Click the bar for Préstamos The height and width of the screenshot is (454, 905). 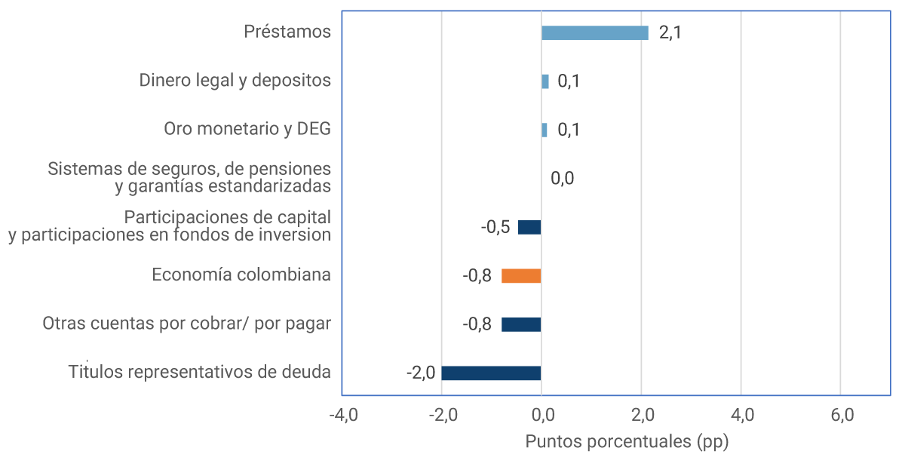pos(594,32)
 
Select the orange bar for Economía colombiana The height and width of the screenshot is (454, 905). pos(521,276)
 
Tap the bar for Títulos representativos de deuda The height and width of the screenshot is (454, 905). pos(491,373)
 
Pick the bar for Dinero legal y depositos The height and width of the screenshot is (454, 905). pos(545,81)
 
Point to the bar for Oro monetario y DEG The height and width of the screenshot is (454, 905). pos(545,130)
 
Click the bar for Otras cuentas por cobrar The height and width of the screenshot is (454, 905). pos(521,324)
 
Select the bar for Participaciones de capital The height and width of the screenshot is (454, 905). pos(529,227)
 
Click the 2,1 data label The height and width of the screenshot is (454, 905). pos(670,33)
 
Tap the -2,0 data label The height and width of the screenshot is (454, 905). pos(421,373)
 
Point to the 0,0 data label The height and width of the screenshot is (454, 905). pos(562,179)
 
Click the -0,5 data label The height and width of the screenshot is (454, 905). pos(495,227)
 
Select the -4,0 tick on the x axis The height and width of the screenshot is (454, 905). pos(342,415)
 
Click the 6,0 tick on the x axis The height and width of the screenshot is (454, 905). pos(842,415)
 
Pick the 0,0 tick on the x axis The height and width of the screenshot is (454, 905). pos(541,415)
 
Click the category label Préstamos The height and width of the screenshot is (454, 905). pos(287,32)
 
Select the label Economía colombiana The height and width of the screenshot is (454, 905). pos(241,275)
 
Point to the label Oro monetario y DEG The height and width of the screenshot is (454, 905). pos(247,129)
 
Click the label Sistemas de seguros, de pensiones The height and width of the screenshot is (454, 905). pos(189,168)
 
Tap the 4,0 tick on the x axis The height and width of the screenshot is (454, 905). pos(742,415)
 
